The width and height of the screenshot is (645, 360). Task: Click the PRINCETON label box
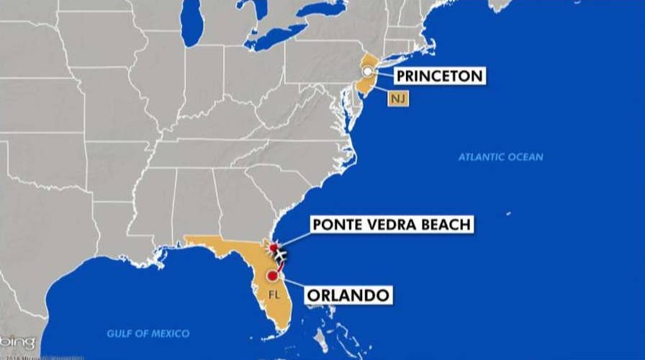[x=430, y=76]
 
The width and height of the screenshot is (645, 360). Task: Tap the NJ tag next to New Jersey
[x=398, y=99]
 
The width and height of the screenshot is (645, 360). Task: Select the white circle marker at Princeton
[x=368, y=71]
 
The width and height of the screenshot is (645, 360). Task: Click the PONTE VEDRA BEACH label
[x=392, y=225]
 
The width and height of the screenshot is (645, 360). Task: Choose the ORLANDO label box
[x=348, y=294]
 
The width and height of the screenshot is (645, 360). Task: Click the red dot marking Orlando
[x=272, y=276]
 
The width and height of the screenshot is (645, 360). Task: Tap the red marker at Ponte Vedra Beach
[x=274, y=248]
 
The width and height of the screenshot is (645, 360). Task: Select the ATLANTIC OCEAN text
[x=501, y=157]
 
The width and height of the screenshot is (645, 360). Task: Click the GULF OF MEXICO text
[x=148, y=333]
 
